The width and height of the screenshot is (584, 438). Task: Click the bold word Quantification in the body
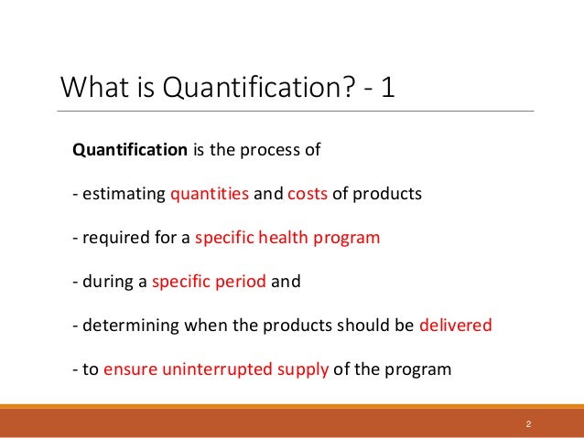click(x=129, y=150)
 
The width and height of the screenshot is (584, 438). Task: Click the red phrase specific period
click(x=209, y=282)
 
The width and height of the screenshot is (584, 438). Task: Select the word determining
click(x=124, y=326)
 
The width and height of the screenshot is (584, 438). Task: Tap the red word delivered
click(x=455, y=326)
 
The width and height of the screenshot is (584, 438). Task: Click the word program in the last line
click(x=420, y=369)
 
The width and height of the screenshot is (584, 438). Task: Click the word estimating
click(x=123, y=194)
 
